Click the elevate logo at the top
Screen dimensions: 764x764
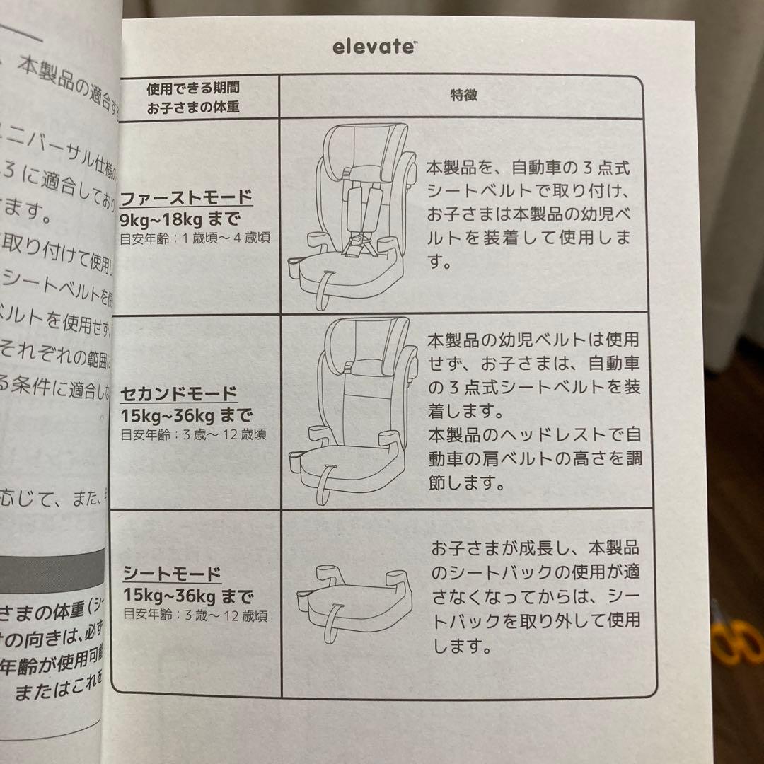click(374, 47)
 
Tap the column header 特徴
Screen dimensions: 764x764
click(464, 95)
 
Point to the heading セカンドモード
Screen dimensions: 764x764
click(179, 393)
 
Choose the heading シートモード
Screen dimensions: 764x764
click(172, 573)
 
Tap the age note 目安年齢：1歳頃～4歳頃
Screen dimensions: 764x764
click(195, 237)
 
